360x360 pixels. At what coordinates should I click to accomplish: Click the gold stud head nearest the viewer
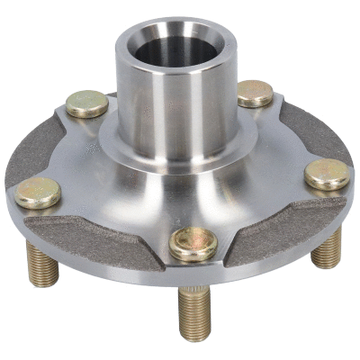point(193,243)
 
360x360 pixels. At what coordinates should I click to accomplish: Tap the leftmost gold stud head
point(37,192)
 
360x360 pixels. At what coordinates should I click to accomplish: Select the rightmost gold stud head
point(327,173)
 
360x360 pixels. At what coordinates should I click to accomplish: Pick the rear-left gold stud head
point(87,103)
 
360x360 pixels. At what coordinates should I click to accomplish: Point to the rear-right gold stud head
point(255,93)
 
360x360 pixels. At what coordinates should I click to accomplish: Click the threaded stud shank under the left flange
point(42,263)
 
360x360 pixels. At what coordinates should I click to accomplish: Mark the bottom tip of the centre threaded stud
point(194,338)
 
